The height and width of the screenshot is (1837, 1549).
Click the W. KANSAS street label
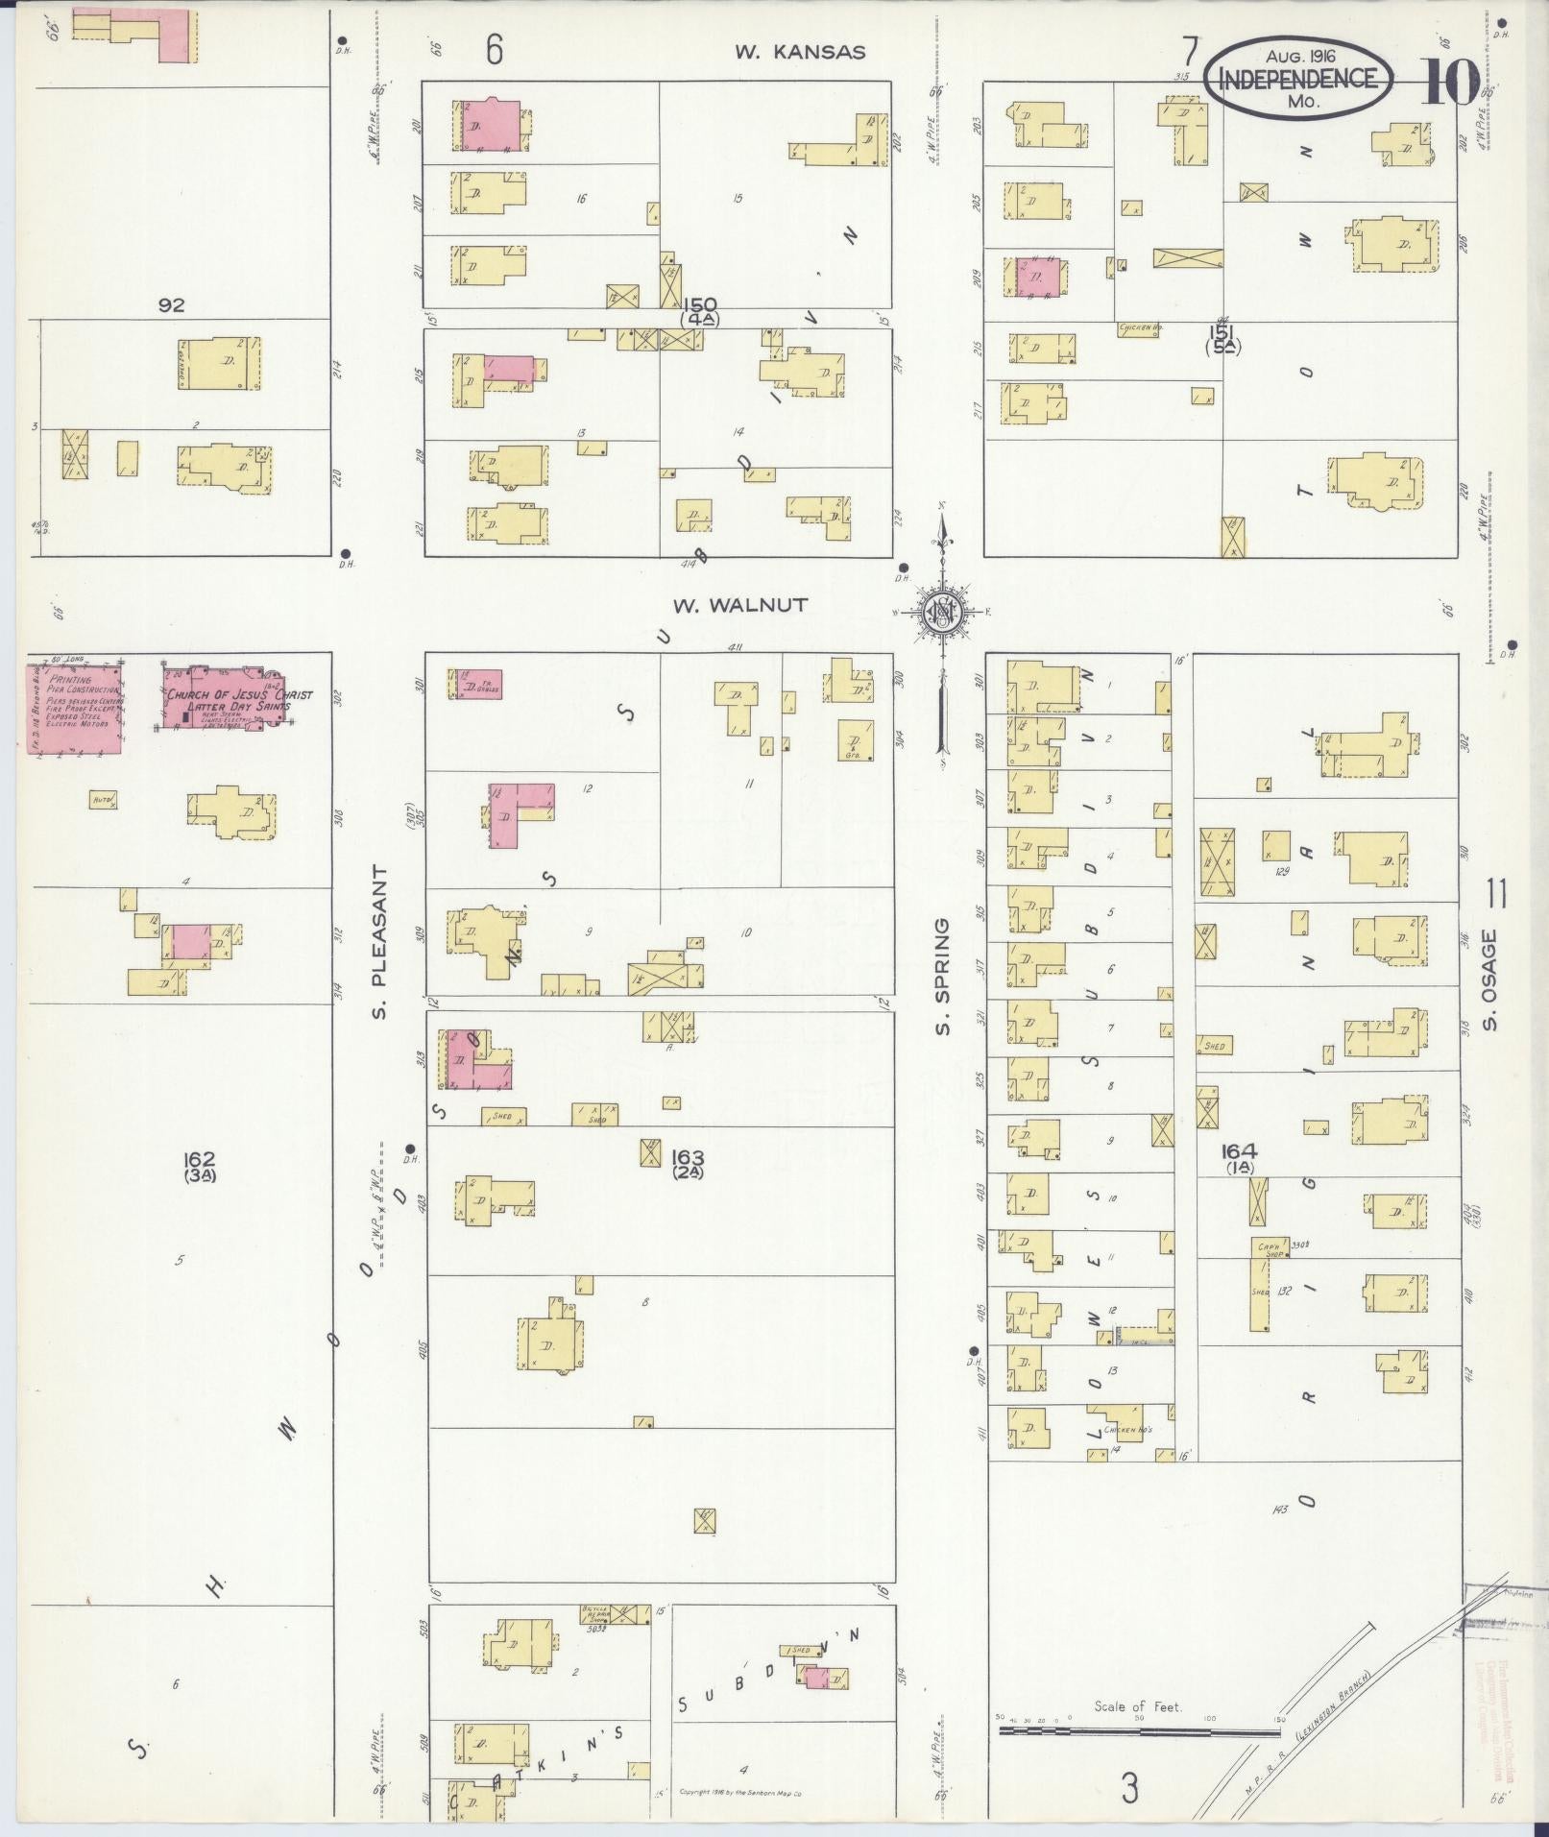(x=800, y=52)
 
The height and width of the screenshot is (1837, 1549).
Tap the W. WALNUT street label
(x=739, y=605)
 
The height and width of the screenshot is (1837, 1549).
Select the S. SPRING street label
(x=944, y=977)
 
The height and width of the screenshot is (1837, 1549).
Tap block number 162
(x=202, y=1159)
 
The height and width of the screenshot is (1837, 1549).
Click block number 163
(x=689, y=1156)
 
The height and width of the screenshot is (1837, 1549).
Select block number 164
(x=1239, y=1150)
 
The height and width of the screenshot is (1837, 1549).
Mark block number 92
(x=171, y=305)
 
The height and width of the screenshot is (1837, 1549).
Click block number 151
(x=1222, y=333)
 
